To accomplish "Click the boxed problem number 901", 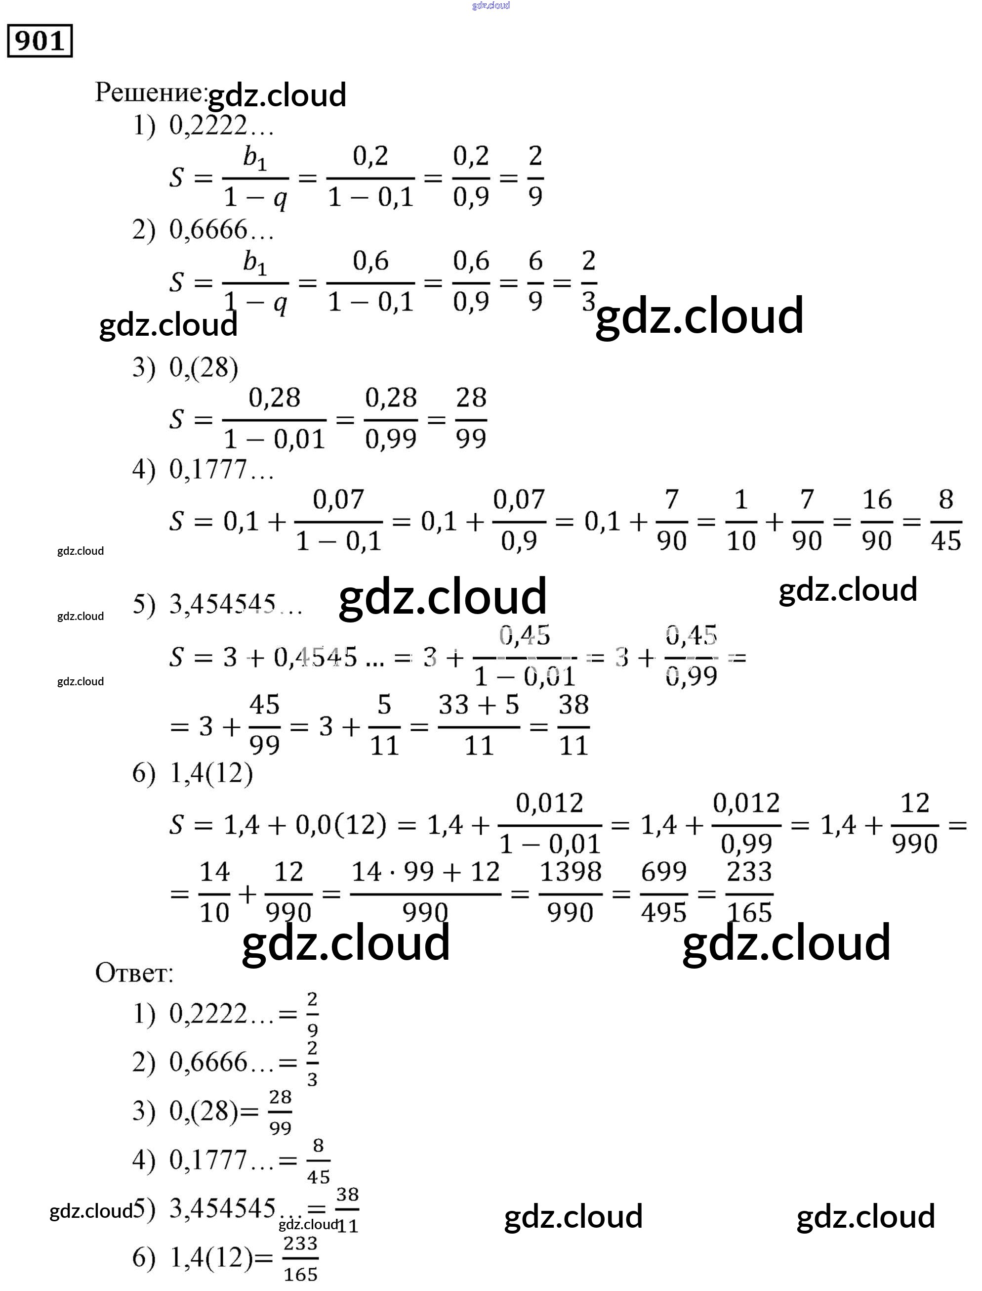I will tap(39, 41).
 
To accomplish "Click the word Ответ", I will tap(134, 974).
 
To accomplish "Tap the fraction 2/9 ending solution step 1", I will tap(535, 177).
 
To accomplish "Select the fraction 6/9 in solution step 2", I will tap(535, 281).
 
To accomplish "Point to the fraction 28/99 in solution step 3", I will tap(471, 418).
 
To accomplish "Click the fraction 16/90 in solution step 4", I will tap(877, 520).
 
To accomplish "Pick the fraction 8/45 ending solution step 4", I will tap(946, 520).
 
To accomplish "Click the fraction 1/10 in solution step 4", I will tap(740, 520).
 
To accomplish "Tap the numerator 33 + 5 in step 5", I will tap(479, 706).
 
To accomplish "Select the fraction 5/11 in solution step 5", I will tap(384, 726).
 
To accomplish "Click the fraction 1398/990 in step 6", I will tap(570, 892).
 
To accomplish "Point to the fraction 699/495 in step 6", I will tap(663, 892).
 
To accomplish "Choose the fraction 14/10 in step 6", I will tap(214, 892).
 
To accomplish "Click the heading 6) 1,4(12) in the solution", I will tap(193, 774).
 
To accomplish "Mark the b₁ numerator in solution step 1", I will tap(255, 158).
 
